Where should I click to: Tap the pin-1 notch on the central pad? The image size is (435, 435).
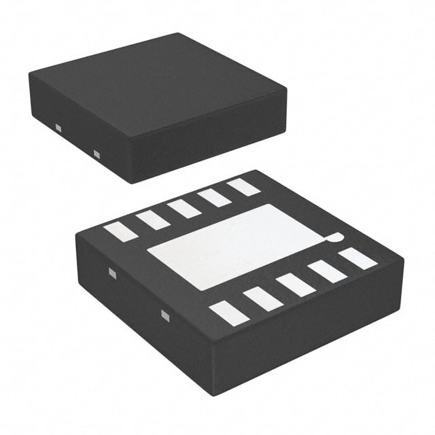(x=334, y=238)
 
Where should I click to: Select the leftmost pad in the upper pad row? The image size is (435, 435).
(x=121, y=232)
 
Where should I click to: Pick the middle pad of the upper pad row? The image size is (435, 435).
(x=184, y=209)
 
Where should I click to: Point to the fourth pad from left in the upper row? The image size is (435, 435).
(x=214, y=198)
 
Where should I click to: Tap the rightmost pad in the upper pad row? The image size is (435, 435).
(x=243, y=187)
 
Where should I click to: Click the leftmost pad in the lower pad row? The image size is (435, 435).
(x=228, y=313)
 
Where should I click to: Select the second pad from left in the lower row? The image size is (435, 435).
(x=262, y=299)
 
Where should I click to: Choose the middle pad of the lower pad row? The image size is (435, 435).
(x=296, y=285)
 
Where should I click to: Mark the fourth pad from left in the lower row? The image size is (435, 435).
(x=328, y=271)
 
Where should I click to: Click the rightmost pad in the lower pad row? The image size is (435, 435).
(x=358, y=258)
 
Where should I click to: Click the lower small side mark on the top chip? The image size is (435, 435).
(x=97, y=155)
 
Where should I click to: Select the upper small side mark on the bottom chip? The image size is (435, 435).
(x=113, y=274)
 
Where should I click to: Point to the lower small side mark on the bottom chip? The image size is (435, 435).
(x=164, y=315)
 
